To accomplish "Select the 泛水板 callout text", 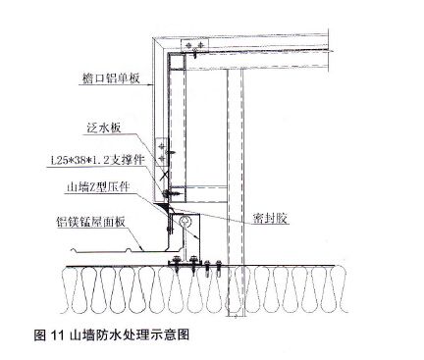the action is [x=104, y=128].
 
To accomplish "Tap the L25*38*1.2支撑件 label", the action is [x=97, y=160].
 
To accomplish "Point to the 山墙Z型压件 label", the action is [x=98, y=186].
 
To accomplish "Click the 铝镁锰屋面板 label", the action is [x=90, y=222].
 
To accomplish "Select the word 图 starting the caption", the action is [x=40, y=334].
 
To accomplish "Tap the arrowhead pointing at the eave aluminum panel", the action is [x=152, y=85].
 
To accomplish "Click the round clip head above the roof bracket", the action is [x=185, y=221].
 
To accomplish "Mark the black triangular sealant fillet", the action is [x=165, y=207].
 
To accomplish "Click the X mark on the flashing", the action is [x=164, y=175].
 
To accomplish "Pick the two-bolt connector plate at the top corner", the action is [x=194, y=45].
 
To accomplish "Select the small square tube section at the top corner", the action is [x=178, y=63].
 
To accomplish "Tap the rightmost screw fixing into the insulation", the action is [x=219, y=267].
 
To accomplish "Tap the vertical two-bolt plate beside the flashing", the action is [x=162, y=151].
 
